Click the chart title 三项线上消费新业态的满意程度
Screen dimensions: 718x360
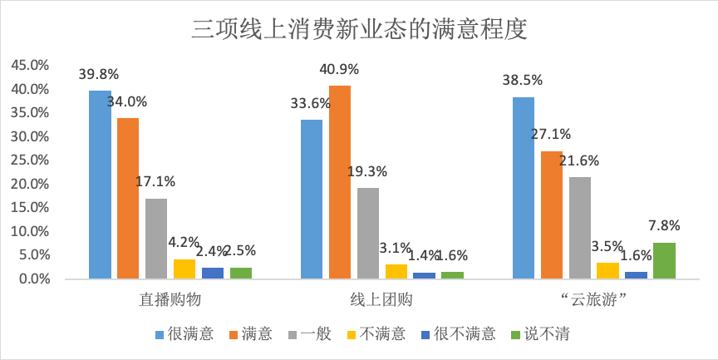[x=359, y=29]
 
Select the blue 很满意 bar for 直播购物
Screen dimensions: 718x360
[x=100, y=185]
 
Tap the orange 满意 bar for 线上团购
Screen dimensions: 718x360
[x=340, y=182]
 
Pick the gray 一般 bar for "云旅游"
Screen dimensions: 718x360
[x=580, y=228]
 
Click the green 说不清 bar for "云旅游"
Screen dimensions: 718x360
[x=665, y=260]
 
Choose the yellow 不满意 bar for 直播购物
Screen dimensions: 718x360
[x=184, y=269]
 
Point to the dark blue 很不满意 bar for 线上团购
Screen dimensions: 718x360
[x=425, y=275]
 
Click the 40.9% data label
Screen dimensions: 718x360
[x=339, y=69]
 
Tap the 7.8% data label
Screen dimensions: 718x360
[x=665, y=225]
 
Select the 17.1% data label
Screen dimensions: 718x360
[x=155, y=181]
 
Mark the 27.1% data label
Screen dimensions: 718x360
[x=551, y=134]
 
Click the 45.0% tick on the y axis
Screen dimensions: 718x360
[x=30, y=65]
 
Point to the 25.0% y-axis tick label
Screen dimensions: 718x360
[x=30, y=160]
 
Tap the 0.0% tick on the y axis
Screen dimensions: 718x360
[x=34, y=279]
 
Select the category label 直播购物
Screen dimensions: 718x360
[x=170, y=299]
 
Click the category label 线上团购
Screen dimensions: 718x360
[x=382, y=299]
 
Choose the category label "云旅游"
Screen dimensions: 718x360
[x=594, y=299]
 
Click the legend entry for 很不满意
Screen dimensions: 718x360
[x=458, y=334]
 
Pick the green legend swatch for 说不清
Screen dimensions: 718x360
[x=516, y=335]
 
